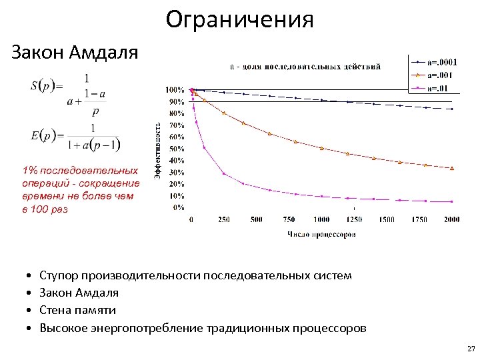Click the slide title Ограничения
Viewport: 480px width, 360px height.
point(239,19)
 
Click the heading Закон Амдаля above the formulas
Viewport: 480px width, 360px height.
point(75,53)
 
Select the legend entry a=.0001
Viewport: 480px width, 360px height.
point(442,62)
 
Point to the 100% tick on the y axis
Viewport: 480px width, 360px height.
point(175,89)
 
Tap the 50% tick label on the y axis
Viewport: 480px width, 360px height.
point(177,148)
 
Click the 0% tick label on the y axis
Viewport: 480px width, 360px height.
point(179,207)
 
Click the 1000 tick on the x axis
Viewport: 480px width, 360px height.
point(321,220)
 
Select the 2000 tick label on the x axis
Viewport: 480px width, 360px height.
point(451,220)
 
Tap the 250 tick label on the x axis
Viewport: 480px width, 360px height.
point(224,220)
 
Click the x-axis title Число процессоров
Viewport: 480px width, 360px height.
point(321,234)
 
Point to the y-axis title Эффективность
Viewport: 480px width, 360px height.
point(158,149)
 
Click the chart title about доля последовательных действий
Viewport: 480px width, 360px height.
point(305,67)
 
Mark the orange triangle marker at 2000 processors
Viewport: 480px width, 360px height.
point(452,168)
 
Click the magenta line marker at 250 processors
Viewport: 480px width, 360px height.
point(224,174)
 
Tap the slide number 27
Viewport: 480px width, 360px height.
point(471,349)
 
